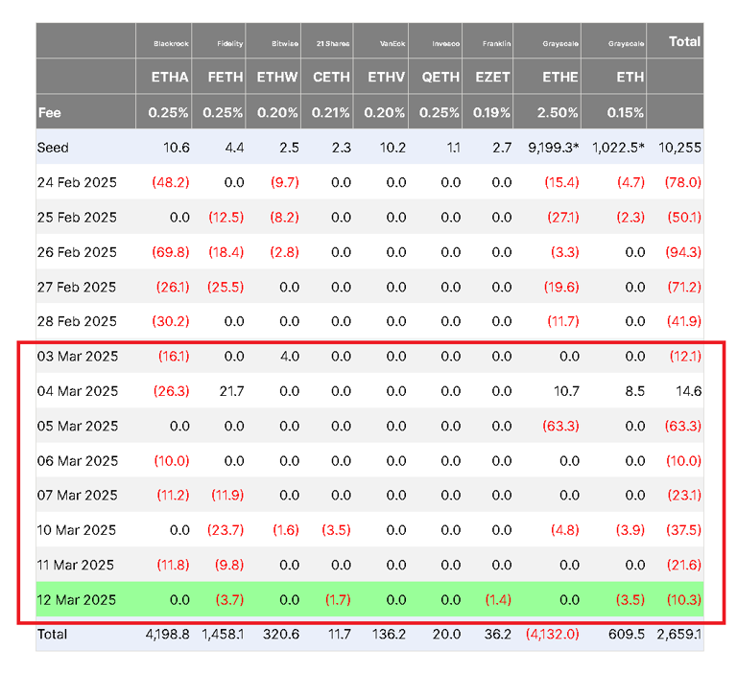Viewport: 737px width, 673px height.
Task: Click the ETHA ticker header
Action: [x=169, y=78]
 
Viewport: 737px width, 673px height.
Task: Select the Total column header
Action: [x=684, y=42]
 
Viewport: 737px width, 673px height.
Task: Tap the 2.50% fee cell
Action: [x=559, y=113]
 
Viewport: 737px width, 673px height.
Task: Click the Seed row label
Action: [x=54, y=149]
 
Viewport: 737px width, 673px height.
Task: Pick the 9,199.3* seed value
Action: [x=553, y=149]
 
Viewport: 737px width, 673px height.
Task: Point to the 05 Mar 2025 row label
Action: [x=78, y=426]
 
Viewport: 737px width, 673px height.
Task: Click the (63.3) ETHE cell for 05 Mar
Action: [x=560, y=426]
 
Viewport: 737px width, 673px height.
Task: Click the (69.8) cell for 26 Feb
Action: [x=173, y=252]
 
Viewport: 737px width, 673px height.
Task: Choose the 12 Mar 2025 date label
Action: [x=78, y=600]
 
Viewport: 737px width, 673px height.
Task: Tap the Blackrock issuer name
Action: [x=171, y=43]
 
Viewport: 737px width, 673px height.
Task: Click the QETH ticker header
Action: [x=440, y=78]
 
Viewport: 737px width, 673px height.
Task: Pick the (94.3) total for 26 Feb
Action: [x=683, y=252]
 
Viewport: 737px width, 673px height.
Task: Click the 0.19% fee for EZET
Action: [x=492, y=113]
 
